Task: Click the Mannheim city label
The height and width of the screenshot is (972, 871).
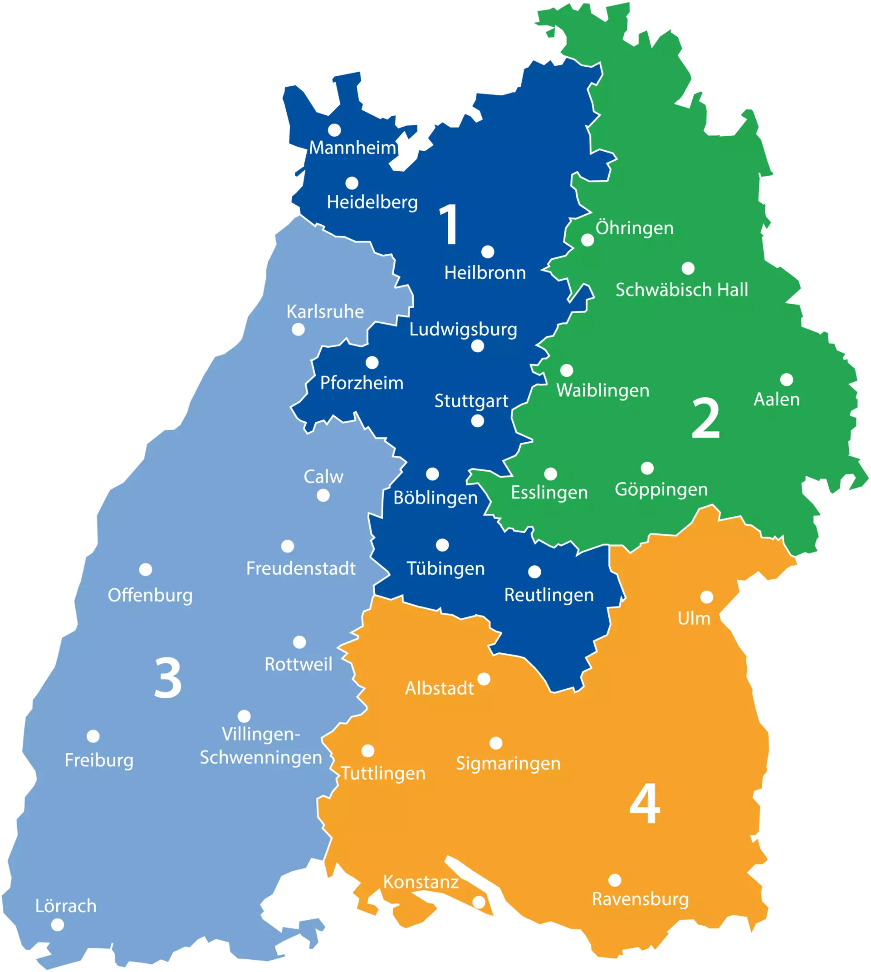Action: (352, 148)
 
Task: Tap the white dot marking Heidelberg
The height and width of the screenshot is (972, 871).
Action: (352, 183)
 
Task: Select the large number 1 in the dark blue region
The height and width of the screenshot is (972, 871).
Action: (450, 225)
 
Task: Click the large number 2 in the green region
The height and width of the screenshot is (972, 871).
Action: (705, 419)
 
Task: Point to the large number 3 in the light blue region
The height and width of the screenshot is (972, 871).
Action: (167, 678)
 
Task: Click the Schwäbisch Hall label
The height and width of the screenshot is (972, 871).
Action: (681, 290)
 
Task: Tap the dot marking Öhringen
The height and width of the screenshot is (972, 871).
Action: (587, 240)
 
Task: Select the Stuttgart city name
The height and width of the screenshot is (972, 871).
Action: (471, 401)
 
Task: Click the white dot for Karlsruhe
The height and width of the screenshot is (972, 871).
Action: (298, 330)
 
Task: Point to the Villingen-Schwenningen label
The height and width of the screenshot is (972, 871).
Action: (261, 745)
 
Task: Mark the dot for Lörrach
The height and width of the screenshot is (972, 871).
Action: (58, 925)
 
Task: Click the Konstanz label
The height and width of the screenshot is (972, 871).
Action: (421, 882)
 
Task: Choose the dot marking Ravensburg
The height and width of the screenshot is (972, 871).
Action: (615, 880)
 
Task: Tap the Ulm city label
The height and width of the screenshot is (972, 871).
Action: (694, 619)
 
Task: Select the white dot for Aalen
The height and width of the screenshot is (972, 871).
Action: (786, 380)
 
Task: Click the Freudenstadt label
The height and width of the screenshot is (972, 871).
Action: (301, 568)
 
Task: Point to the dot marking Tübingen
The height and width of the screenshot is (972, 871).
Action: (442, 545)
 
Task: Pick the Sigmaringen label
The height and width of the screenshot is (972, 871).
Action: (508, 763)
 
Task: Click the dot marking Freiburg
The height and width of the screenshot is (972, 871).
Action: (93, 736)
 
